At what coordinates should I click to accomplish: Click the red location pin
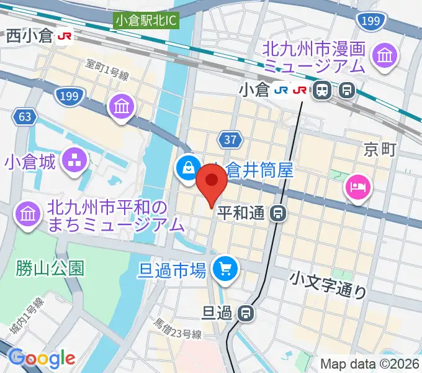211,184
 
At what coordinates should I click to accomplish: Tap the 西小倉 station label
30,37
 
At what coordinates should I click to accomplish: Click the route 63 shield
24,116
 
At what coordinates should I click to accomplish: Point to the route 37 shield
230,139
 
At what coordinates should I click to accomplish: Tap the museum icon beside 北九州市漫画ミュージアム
384,57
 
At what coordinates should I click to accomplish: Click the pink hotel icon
358,186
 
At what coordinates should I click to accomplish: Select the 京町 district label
379,150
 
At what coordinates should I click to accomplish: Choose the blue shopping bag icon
187,167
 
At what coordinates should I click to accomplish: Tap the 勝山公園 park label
51,268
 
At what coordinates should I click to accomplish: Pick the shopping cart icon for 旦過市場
224,269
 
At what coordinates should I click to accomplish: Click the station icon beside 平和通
279,214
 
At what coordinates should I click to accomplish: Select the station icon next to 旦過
248,313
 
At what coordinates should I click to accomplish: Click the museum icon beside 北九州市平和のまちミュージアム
28,214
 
